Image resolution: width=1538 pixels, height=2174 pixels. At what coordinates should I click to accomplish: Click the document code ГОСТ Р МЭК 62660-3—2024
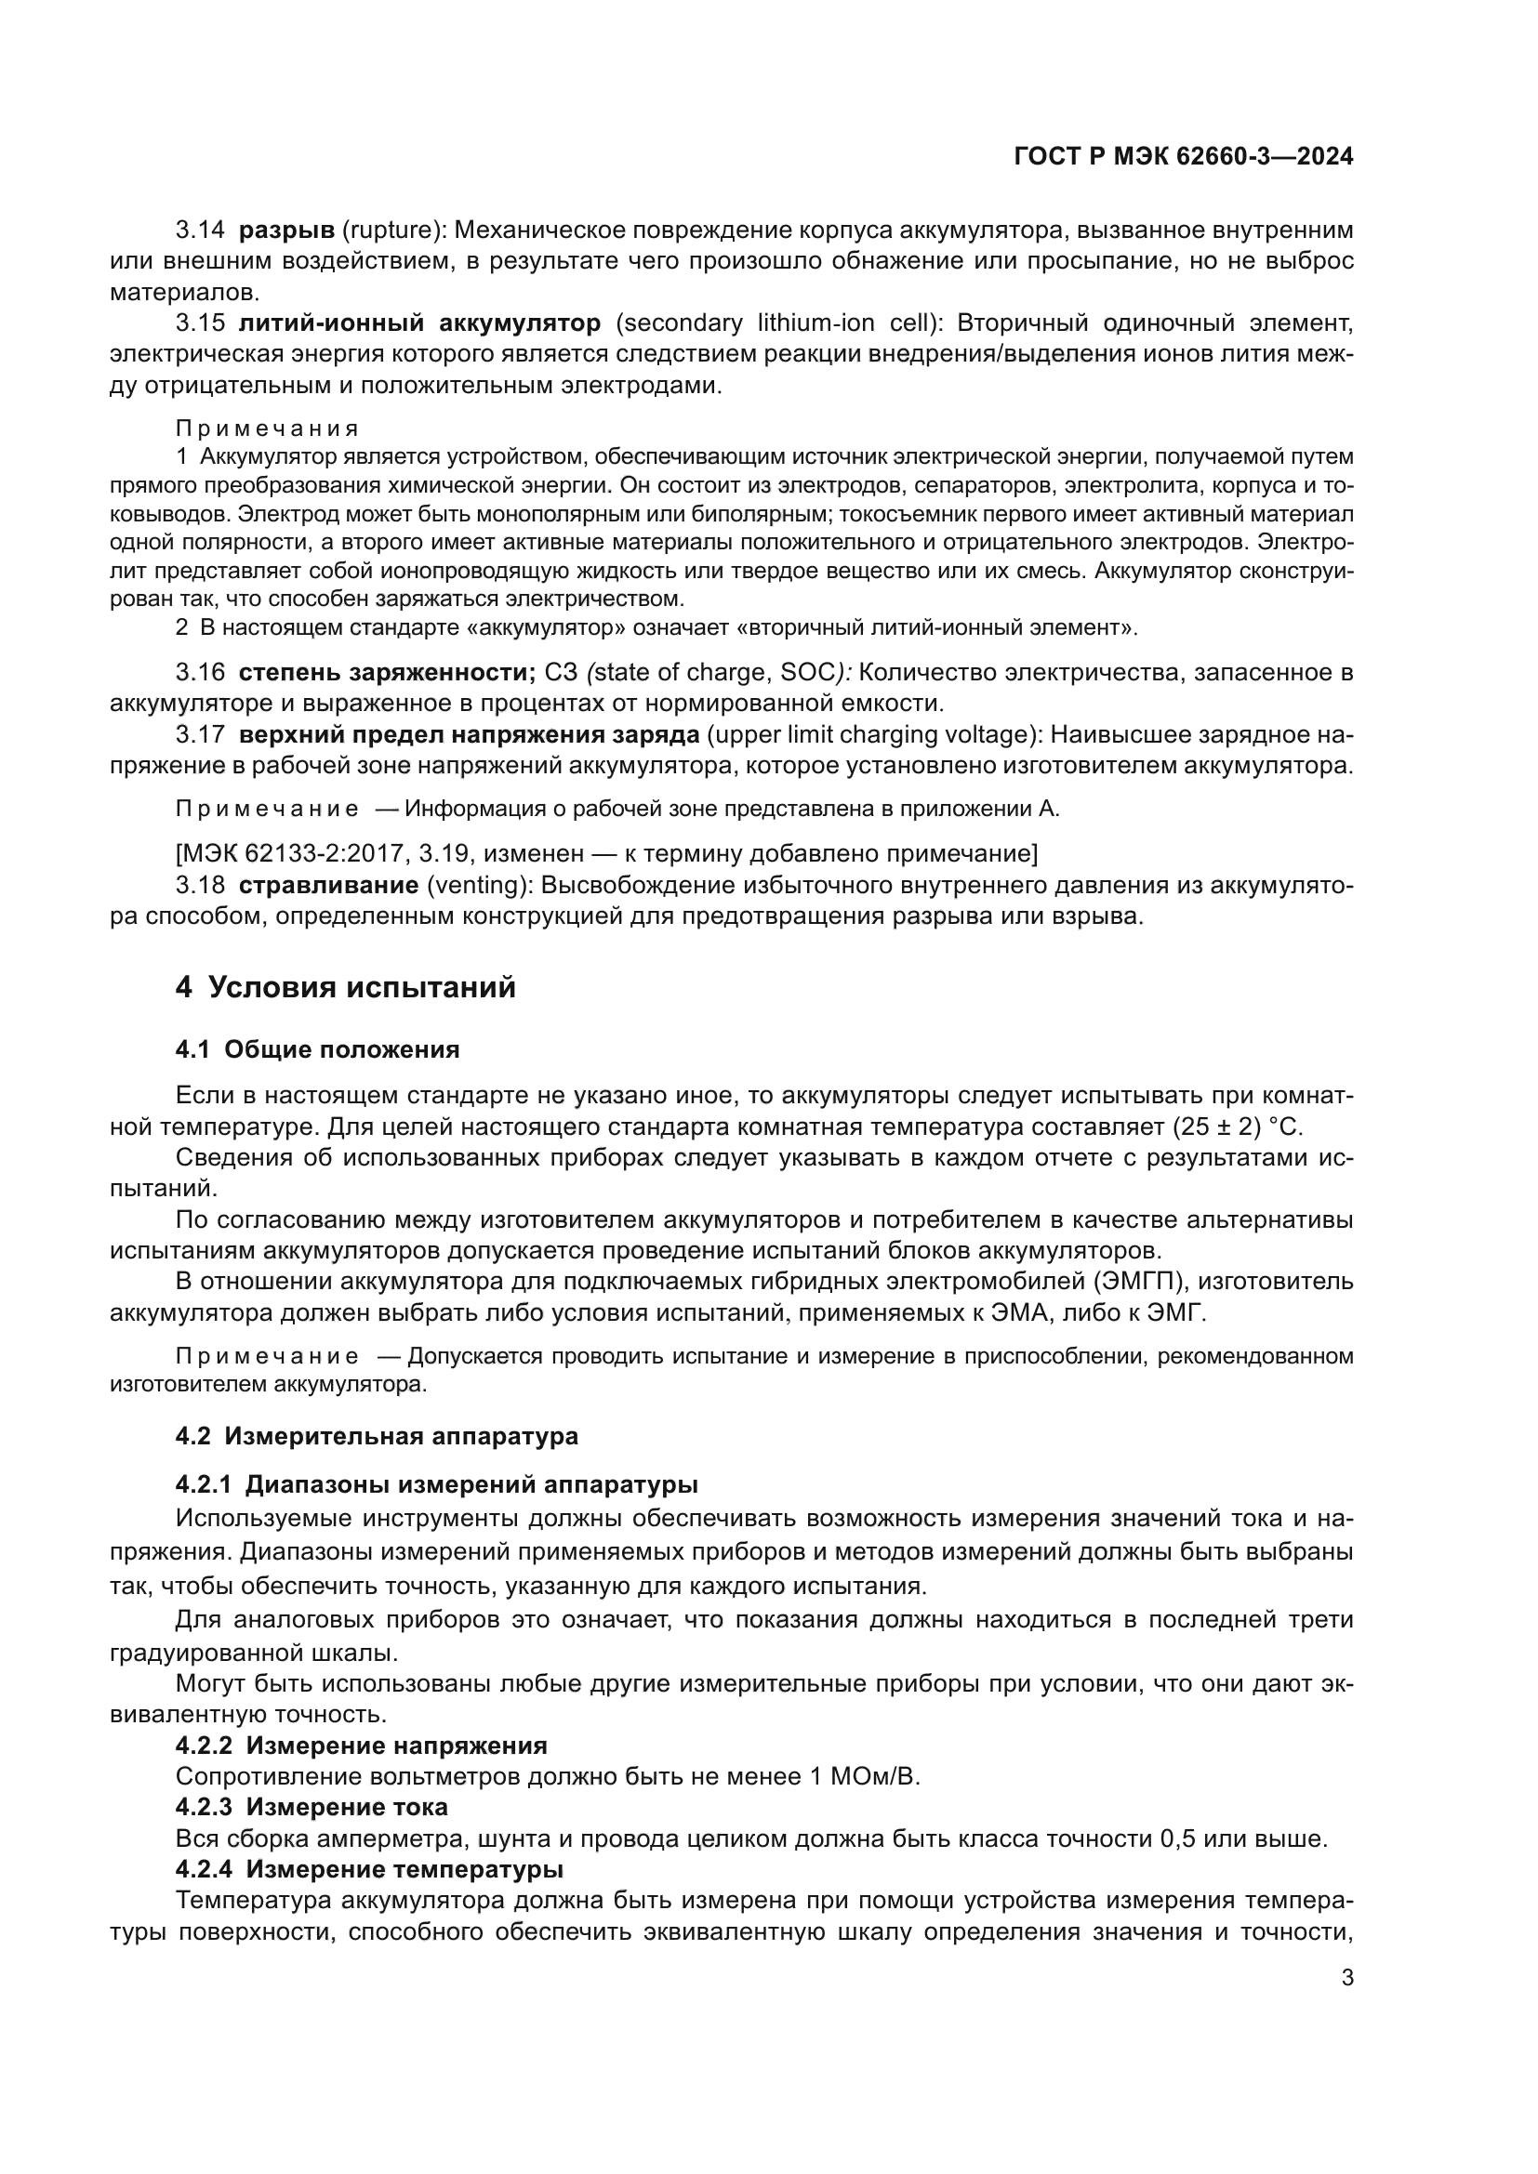[x=1183, y=156]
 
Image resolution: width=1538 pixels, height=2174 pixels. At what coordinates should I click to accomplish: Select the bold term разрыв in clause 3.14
[x=286, y=231]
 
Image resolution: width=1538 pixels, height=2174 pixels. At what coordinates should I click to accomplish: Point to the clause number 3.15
[x=200, y=323]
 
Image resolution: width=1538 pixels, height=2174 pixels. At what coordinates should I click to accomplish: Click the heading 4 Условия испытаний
[x=346, y=988]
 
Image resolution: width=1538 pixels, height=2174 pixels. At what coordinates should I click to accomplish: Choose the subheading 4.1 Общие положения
[x=317, y=1049]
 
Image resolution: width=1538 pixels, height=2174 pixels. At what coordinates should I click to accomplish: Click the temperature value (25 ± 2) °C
[x=1237, y=1127]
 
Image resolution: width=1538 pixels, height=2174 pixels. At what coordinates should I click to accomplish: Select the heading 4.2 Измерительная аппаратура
[x=376, y=1436]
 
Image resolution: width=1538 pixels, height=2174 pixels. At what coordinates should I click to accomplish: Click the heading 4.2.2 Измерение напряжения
[x=361, y=1746]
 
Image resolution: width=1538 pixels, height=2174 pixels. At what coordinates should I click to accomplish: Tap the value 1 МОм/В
[x=864, y=1776]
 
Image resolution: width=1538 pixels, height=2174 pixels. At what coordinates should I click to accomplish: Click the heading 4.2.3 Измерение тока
[x=312, y=1808]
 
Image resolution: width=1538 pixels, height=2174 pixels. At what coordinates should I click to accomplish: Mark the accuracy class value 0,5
[x=1177, y=1838]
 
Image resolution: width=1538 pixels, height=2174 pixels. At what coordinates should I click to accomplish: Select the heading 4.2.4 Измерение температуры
[x=369, y=1870]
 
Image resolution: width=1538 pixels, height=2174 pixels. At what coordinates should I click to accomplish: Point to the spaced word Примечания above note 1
[x=267, y=428]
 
